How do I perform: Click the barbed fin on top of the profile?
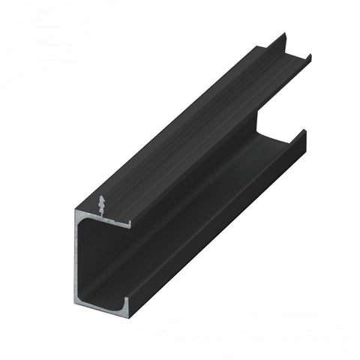[x=102, y=207]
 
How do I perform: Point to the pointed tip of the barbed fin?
[x=102, y=196]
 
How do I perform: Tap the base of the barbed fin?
[x=102, y=217]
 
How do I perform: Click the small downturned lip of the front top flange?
[x=130, y=223]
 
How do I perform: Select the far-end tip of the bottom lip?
[x=304, y=132]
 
